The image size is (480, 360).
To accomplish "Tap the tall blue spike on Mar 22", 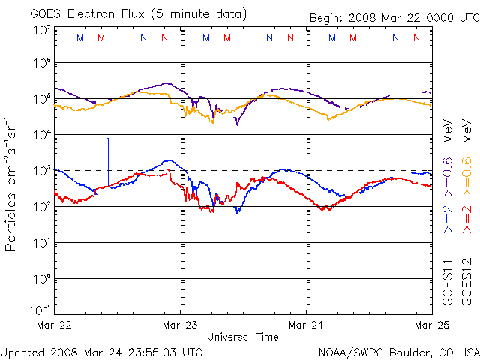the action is (x=108, y=162).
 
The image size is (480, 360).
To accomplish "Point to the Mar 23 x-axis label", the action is (x=180, y=325).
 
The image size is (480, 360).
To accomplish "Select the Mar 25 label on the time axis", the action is (x=432, y=325).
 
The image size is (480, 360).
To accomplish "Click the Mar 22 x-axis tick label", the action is (x=54, y=325).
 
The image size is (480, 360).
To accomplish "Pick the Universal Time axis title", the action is (x=243, y=337).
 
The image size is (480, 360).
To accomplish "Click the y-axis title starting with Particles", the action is (x=10, y=184).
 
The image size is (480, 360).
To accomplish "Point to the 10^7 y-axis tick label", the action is (x=42, y=31).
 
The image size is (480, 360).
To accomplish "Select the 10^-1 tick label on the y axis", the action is (x=40, y=310).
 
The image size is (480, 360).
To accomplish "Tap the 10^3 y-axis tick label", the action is (x=42, y=172).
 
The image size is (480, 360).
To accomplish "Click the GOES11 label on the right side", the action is (x=448, y=283).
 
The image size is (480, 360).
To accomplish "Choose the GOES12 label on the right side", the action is (x=466, y=283).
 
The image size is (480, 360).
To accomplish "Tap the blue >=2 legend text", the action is (x=448, y=220).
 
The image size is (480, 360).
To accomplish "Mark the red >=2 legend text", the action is (x=466, y=220).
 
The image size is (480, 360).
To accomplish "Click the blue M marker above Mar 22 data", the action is (x=80, y=37).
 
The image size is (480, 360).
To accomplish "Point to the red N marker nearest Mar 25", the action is (x=416, y=37).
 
